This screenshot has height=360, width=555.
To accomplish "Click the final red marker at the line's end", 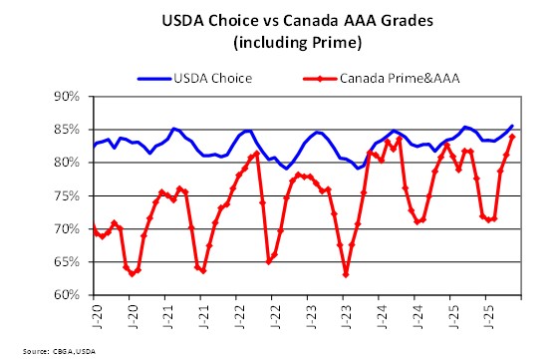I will (x=512, y=137).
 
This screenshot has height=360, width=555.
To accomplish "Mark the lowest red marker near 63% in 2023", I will (x=346, y=274).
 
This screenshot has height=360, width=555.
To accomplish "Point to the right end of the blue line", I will (x=512, y=126).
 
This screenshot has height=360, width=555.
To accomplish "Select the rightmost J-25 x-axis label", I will (x=486, y=315).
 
